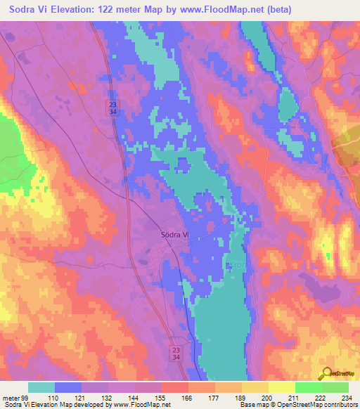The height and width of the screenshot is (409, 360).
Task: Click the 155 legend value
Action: tap(161, 397)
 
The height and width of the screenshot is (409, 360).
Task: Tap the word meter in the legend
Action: tap(10, 397)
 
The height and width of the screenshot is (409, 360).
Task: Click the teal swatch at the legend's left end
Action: tap(41, 387)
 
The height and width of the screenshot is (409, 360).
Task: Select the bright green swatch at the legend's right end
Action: tap(335, 387)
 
